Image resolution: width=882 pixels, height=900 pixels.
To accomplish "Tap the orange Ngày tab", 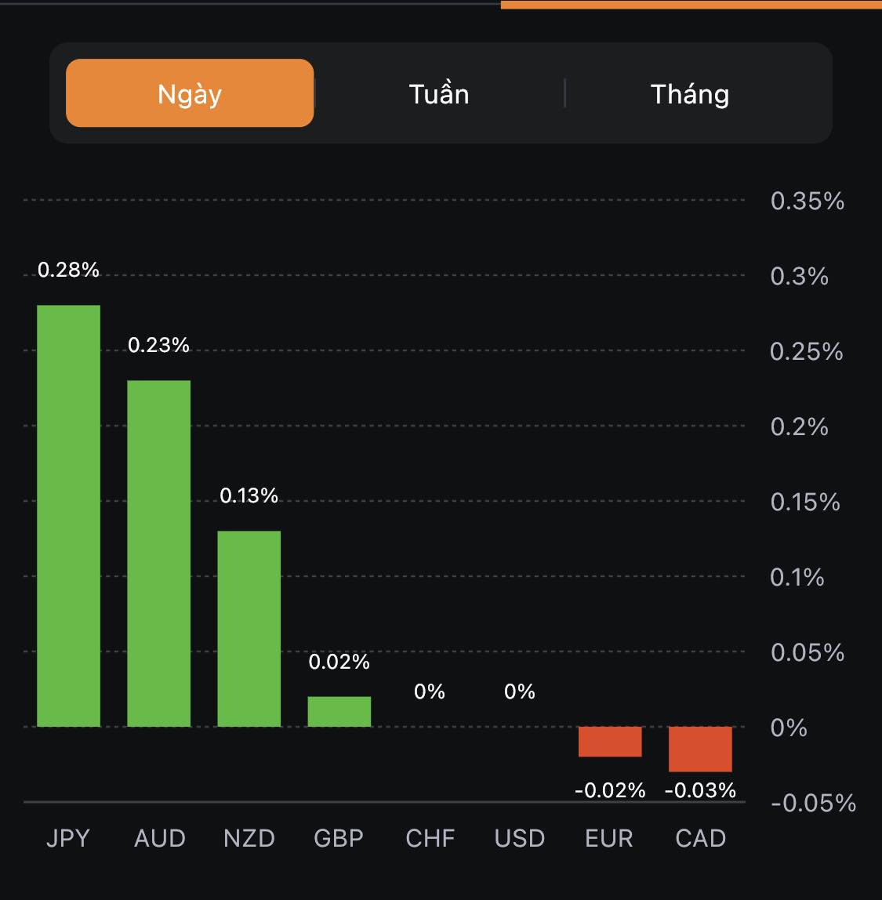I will point(190,93).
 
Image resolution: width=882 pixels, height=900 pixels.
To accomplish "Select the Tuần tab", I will point(439,94).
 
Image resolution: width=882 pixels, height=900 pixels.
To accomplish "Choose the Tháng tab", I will point(690,94).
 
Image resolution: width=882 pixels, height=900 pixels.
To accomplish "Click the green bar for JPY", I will point(69,516).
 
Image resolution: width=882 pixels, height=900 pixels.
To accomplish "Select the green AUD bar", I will point(159,553).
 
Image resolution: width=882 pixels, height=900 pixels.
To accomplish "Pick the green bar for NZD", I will point(249,629).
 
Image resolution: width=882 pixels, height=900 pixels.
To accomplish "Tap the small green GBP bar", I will point(339,712).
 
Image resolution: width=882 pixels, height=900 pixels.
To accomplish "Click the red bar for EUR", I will point(610,742).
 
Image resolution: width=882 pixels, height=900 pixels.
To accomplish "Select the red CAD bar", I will point(700,749).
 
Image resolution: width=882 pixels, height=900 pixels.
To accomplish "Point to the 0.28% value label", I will point(69,270).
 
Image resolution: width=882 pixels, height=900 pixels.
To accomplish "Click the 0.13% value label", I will point(249,495).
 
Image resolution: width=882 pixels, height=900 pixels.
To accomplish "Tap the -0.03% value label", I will point(700,790).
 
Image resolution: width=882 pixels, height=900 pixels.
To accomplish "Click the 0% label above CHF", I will point(430,691).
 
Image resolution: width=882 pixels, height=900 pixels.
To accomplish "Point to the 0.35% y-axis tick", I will point(808,201).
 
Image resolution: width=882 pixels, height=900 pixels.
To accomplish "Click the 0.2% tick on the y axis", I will point(800,427).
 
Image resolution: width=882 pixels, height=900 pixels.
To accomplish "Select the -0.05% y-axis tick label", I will point(813,804).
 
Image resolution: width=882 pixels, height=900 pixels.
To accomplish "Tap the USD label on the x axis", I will point(520,839).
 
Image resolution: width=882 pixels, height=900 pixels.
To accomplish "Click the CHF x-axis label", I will point(430,839).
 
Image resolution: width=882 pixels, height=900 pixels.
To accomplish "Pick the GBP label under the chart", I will point(339,839).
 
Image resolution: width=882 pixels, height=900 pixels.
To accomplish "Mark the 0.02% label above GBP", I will point(339,662).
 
